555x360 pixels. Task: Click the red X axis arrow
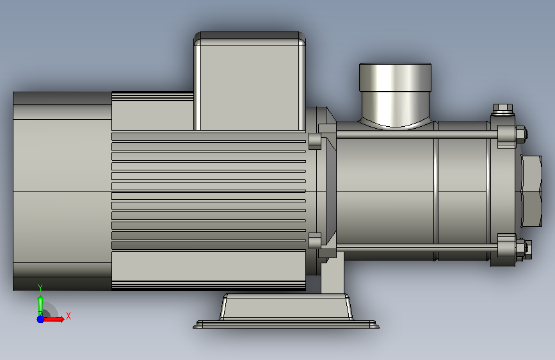point(53,319)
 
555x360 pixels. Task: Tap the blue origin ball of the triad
point(40,319)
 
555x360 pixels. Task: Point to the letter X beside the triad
point(68,316)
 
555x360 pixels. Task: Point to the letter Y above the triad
point(40,288)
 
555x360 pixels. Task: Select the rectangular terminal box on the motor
point(250,81)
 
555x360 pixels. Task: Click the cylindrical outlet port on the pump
point(395,94)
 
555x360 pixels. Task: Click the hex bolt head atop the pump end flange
point(503,108)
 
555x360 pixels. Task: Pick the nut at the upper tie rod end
point(521,135)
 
